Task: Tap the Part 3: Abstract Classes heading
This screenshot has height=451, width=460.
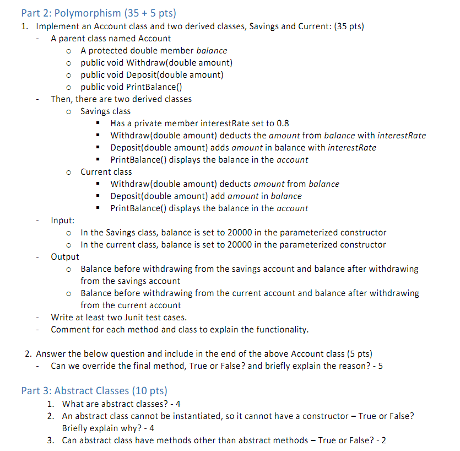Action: (x=94, y=391)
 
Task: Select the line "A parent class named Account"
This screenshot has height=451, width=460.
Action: (x=111, y=39)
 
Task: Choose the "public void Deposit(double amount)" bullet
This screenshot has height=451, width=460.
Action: (x=151, y=75)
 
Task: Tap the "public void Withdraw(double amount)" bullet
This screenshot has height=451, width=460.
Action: (x=156, y=63)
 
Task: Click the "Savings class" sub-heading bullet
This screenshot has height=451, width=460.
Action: (x=105, y=111)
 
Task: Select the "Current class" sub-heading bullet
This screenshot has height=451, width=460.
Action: (x=106, y=172)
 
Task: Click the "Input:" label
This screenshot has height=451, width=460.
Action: (x=63, y=221)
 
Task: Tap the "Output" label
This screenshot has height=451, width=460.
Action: (x=65, y=257)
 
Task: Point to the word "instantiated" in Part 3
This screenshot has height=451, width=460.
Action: (x=177, y=416)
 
